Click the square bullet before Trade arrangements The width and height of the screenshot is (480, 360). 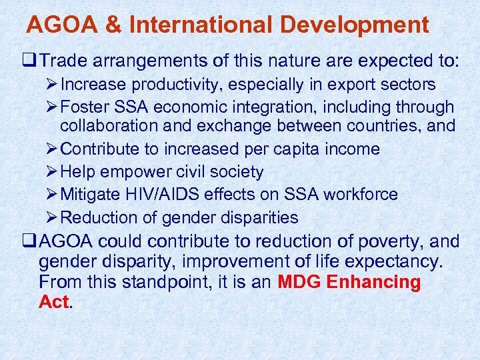(x=31, y=61)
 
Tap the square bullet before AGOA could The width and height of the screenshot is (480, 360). (x=31, y=241)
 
